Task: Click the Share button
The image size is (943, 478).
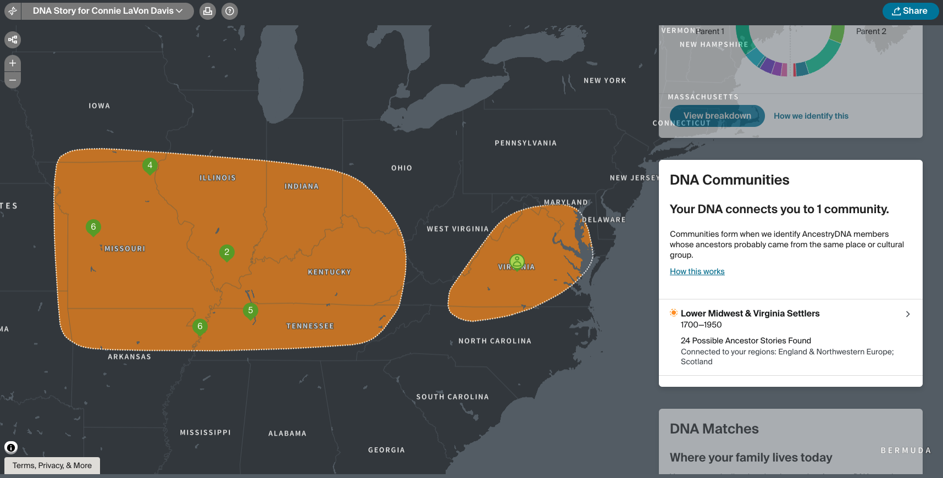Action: pyautogui.click(x=910, y=11)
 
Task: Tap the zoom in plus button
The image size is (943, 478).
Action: pyautogui.click(x=13, y=63)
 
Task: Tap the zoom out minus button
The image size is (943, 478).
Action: pyautogui.click(x=13, y=80)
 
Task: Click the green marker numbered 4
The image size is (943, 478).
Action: pyautogui.click(x=150, y=165)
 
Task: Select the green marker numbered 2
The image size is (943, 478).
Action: pyautogui.click(x=227, y=252)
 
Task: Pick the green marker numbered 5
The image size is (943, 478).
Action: pyautogui.click(x=251, y=310)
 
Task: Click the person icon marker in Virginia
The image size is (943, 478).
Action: pyautogui.click(x=517, y=262)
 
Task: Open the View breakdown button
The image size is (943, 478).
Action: pyautogui.click(x=717, y=116)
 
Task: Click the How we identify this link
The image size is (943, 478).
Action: pyautogui.click(x=811, y=116)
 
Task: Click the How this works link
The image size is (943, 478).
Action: pyautogui.click(x=697, y=271)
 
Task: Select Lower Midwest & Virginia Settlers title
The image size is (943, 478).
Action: pyautogui.click(x=750, y=313)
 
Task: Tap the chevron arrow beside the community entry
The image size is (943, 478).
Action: pyautogui.click(x=908, y=314)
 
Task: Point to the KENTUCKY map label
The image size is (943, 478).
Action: pyautogui.click(x=329, y=272)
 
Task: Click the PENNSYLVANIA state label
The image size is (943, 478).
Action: pyautogui.click(x=525, y=143)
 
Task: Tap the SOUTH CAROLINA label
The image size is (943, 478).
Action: pyautogui.click(x=452, y=397)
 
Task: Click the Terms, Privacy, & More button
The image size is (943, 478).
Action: pyautogui.click(x=52, y=465)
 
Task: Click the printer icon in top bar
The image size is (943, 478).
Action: pyautogui.click(x=208, y=11)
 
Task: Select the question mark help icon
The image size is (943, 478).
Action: pyautogui.click(x=230, y=11)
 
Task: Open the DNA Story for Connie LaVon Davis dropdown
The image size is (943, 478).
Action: pyautogui.click(x=107, y=11)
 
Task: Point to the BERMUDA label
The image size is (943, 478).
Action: pyautogui.click(x=906, y=451)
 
